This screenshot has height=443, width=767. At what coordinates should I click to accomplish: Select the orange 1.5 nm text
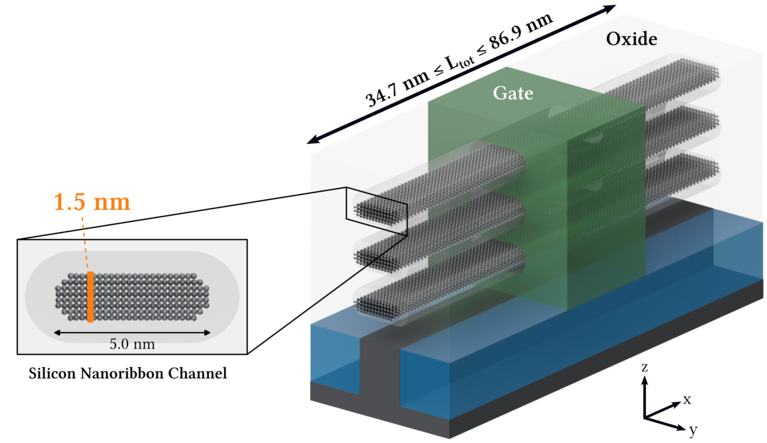[x=91, y=204]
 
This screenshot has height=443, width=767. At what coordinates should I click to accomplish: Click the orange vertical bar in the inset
[x=91, y=297]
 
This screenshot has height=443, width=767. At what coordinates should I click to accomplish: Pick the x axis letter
[x=687, y=399]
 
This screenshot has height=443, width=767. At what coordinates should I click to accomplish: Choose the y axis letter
[x=692, y=430]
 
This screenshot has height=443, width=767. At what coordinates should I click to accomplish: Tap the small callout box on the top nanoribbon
[x=376, y=206]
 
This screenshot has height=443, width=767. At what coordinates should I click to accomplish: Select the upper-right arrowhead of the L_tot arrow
[x=609, y=9]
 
